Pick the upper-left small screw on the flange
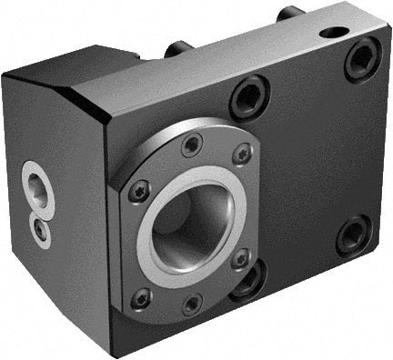(x=139, y=191)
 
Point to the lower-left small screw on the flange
(x=141, y=297)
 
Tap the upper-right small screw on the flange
(x=242, y=155)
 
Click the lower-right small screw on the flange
(x=241, y=259)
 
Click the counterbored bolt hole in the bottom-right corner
(x=354, y=235)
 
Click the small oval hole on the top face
(x=335, y=33)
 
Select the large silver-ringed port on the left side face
(x=38, y=188)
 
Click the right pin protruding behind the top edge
(x=290, y=13)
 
